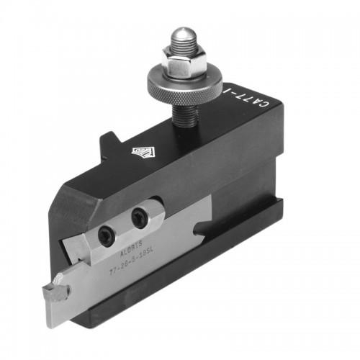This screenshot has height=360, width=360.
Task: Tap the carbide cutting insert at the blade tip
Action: click(x=56, y=292)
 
